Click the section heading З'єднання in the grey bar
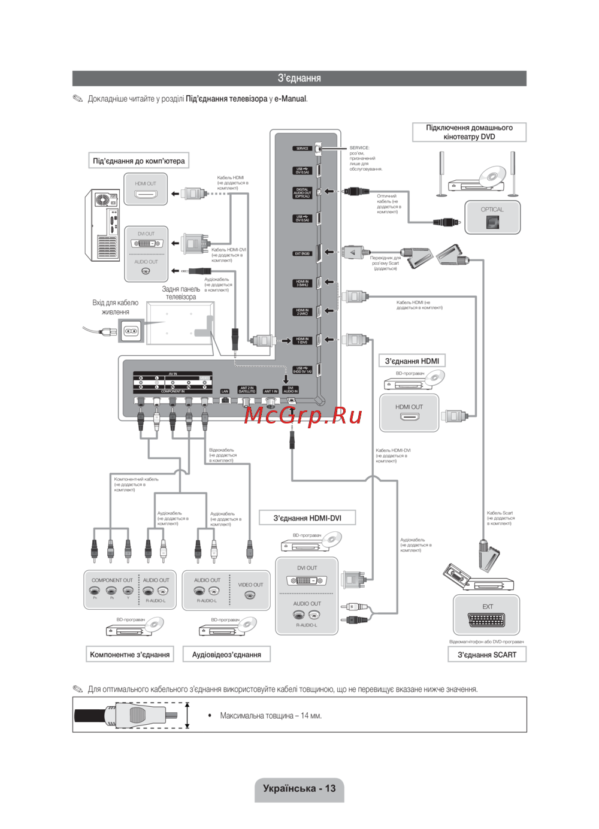[x=299, y=78]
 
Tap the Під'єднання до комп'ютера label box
[x=139, y=161]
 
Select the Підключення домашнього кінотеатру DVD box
[x=469, y=132]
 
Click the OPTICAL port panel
[x=492, y=217]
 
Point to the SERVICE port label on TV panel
[x=302, y=149]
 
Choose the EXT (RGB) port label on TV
[x=302, y=253]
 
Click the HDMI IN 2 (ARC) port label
[x=302, y=312]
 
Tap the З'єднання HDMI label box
[x=412, y=361]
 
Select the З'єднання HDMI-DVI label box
[x=307, y=518]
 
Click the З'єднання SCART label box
[x=486, y=655]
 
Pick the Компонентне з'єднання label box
[x=129, y=655]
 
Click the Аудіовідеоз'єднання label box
[x=226, y=655]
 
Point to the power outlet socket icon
[x=131, y=331]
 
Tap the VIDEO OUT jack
[x=250, y=595]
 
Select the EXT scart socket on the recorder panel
[x=486, y=620]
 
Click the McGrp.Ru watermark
[x=303, y=415]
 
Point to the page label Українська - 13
[x=299, y=788]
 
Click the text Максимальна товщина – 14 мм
[x=271, y=716]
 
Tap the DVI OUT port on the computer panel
[x=146, y=244]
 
